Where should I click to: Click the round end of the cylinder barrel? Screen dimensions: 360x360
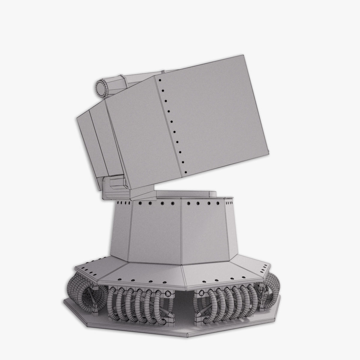(x=101, y=87)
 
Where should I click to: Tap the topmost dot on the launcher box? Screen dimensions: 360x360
(x=160, y=80)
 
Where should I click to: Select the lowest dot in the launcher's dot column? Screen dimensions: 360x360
(x=186, y=172)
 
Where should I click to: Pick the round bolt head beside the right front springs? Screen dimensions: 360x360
(x=199, y=292)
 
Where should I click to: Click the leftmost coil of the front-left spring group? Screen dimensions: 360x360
(x=113, y=303)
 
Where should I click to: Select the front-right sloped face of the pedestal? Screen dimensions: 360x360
(x=204, y=231)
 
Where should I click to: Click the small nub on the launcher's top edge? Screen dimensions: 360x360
(x=163, y=72)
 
